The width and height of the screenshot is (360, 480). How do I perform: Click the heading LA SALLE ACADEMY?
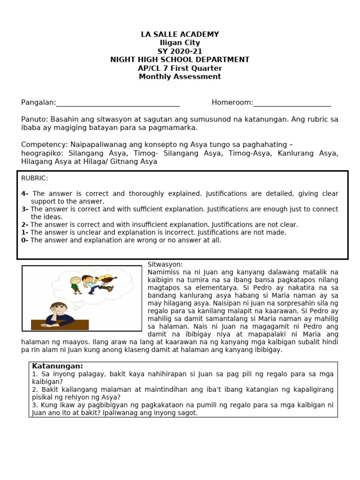(180, 35)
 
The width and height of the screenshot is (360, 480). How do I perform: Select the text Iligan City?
(180, 43)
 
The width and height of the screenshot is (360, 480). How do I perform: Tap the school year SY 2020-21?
(180, 52)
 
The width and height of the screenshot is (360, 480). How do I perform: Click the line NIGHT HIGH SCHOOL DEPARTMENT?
(180, 60)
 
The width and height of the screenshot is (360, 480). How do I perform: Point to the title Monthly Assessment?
(180, 77)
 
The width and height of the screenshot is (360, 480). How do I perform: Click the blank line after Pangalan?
(117, 103)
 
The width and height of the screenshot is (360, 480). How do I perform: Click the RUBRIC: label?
(35, 179)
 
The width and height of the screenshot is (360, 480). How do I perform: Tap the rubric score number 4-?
(25, 194)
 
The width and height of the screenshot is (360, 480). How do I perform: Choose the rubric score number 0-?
(25, 240)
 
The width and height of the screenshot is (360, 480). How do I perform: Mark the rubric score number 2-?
(25, 225)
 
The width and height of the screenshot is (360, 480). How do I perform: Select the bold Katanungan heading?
(57, 366)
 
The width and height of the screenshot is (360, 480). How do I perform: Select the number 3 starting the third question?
(35, 405)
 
